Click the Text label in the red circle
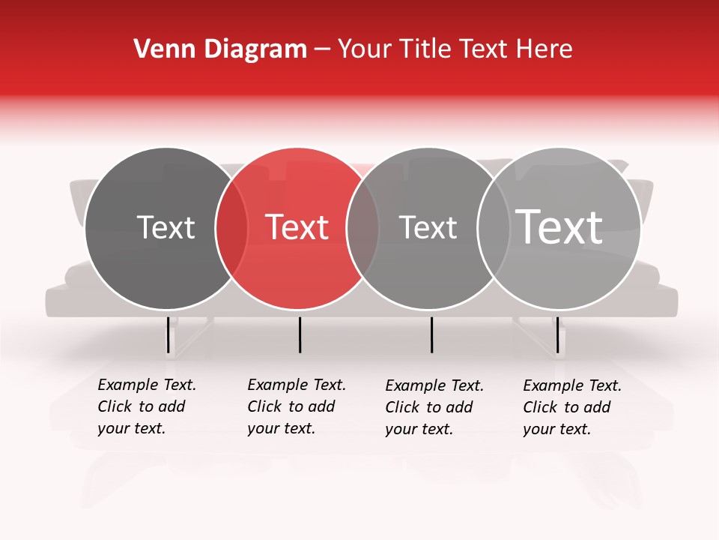click(x=297, y=227)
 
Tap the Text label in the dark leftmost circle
click(x=166, y=227)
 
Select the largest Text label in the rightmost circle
click(x=559, y=226)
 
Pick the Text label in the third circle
click(x=428, y=227)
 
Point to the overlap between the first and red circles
click(x=231, y=228)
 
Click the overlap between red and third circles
click(x=363, y=228)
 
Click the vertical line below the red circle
click(x=300, y=334)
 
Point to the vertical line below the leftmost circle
click(x=168, y=334)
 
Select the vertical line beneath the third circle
click(x=431, y=334)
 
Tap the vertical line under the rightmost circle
click(x=557, y=334)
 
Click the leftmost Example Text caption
click(x=147, y=406)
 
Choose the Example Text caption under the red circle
click(x=297, y=406)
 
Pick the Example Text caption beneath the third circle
click(x=434, y=407)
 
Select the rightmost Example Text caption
click(x=572, y=407)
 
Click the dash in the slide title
click(x=322, y=50)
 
